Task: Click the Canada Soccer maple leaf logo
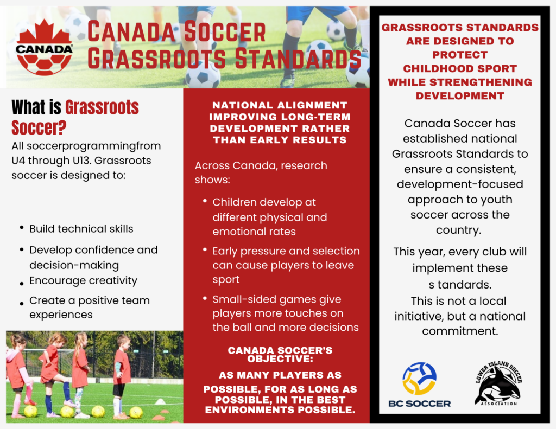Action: (44, 48)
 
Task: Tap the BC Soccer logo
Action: (420, 385)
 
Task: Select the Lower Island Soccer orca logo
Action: (498, 383)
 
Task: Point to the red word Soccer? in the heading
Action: (39, 127)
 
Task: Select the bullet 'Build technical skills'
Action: (81, 229)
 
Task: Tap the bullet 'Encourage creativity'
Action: (83, 280)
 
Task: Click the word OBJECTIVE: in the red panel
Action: (280, 359)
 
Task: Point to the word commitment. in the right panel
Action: (460, 331)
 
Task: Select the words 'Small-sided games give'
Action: (276, 300)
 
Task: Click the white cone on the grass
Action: (160, 401)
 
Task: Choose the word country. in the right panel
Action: (458, 230)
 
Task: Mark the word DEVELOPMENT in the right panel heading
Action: (460, 96)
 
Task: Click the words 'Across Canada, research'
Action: (261, 165)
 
